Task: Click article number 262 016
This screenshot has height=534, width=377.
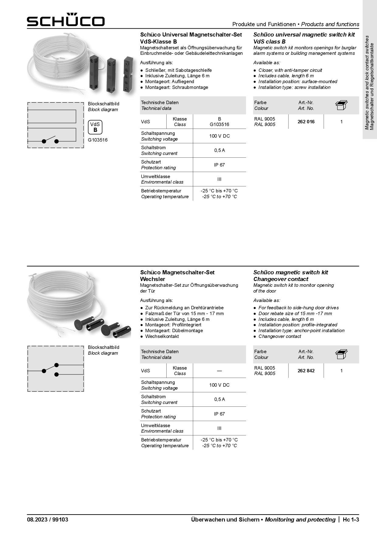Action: (x=306, y=122)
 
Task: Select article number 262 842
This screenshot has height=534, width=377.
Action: (x=306, y=371)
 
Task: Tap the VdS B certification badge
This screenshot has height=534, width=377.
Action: (x=95, y=127)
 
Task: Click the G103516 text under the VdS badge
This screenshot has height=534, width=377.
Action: (x=98, y=140)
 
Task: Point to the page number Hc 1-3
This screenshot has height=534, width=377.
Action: (x=351, y=520)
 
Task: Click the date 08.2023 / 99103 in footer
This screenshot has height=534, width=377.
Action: (x=47, y=520)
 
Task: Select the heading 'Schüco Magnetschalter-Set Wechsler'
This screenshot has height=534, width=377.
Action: (x=177, y=276)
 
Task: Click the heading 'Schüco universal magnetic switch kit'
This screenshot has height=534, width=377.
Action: (x=304, y=35)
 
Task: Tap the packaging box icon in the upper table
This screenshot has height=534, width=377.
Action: (x=341, y=105)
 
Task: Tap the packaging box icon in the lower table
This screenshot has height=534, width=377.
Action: (x=341, y=354)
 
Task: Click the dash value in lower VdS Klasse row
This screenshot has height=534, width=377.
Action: (x=219, y=371)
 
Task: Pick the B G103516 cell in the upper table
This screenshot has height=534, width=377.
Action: (x=219, y=122)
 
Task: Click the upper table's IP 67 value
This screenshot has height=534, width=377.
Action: (x=219, y=165)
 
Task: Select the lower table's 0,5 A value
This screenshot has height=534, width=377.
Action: (x=219, y=399)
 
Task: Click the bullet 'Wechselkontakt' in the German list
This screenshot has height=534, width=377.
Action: (x=162, y=336)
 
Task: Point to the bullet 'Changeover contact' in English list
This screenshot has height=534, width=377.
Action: (x=279, y=336)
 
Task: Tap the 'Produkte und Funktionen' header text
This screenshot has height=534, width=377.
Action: (x=264, y=24)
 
